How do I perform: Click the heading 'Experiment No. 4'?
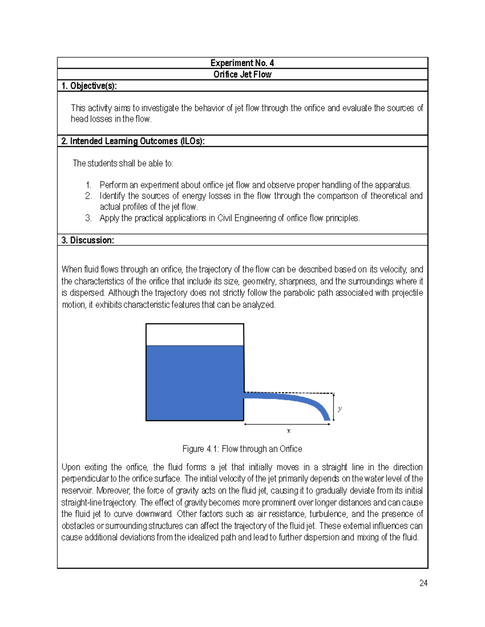tap(242, 63)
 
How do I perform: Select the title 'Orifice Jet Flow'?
tap(242, 74)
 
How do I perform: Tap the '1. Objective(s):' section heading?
tap(89, 86)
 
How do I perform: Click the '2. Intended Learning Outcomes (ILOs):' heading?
tap(133, 141)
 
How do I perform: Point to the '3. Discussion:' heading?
tap(87, 240)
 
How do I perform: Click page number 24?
tap(423, 583)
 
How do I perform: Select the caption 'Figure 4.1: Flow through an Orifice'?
tap(242, 449)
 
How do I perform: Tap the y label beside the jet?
tap(340, 409)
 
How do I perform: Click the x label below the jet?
tap(289, 431)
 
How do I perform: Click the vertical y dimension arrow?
tap(333, 407)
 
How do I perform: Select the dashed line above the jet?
tap(289, 392)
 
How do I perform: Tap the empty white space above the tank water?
tap(194, 335)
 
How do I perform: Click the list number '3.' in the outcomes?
tap(88, 218)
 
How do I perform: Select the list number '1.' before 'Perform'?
tap(88, 185)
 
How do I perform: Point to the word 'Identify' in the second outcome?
tap(112, 196)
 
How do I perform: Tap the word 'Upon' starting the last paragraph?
tap(71, 467)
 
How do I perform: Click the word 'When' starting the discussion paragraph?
tap(72, 269)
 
